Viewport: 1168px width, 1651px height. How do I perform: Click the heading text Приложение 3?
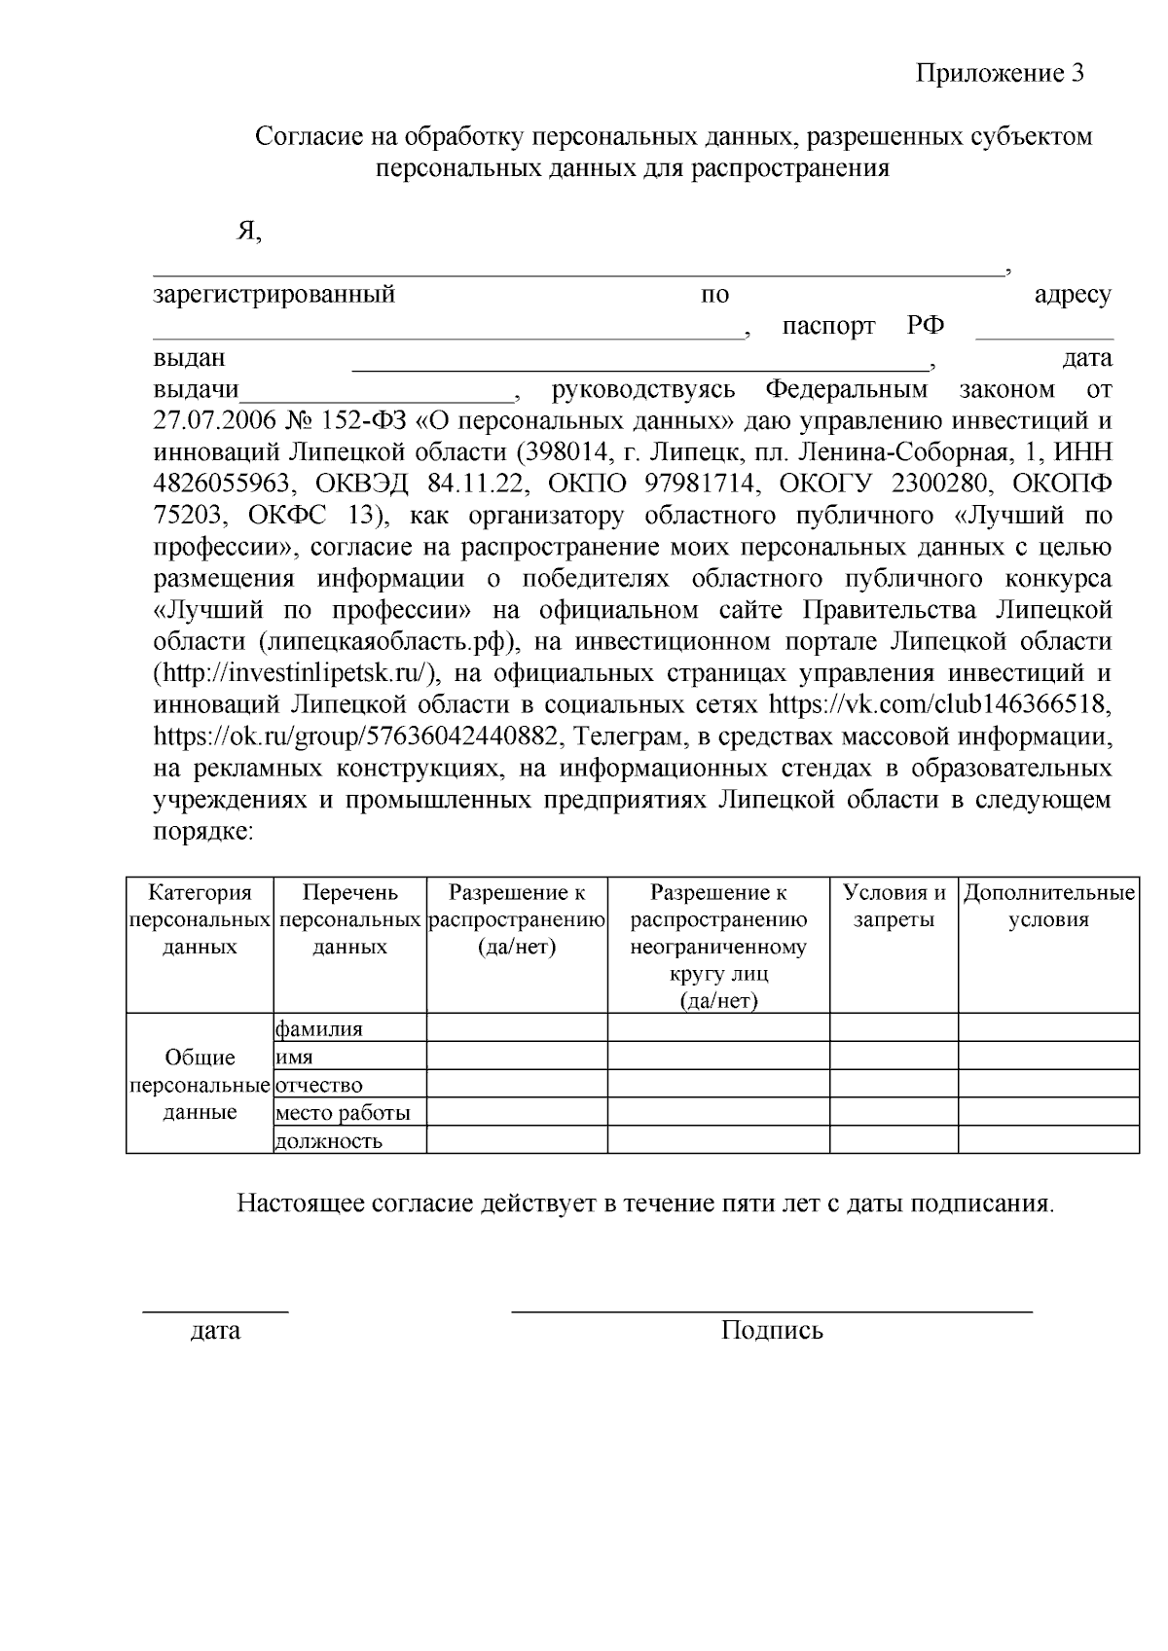pos(1000,74)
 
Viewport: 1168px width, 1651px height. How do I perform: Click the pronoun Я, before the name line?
pos(250,231)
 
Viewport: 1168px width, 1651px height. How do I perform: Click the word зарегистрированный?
pos(274,295)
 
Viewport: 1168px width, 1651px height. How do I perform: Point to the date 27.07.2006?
pos(212,421)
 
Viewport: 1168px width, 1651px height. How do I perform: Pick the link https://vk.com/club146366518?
pos(940,704)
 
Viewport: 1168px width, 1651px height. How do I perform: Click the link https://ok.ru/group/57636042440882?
pos(355,736)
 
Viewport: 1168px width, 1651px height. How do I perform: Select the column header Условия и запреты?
pos(894,906)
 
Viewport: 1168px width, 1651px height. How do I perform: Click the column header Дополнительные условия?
pos(1048,906)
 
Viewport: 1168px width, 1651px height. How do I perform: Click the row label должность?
pos(329,1141)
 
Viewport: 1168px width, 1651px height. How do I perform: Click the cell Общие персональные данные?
pos(200,1085)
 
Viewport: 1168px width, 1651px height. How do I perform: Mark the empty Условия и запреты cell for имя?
pos(894,1057)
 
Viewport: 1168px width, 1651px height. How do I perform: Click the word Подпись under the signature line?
pos(772,1330)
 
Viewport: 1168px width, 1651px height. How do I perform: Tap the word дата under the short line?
pos(215,1330)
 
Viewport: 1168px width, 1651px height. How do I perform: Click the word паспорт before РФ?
pos(828,327)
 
